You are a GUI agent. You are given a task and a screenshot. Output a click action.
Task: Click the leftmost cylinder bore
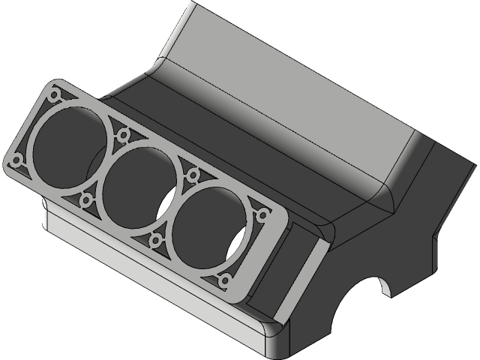67,146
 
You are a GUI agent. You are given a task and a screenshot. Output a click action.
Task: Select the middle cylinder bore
139,184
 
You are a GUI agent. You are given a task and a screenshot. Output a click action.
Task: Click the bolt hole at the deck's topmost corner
55,95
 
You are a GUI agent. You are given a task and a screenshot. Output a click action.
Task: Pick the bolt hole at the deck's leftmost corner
14,160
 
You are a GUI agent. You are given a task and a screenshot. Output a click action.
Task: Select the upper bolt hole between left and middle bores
123,135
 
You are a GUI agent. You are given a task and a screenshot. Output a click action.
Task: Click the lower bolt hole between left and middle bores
85,200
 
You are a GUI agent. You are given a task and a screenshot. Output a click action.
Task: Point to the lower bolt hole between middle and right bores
156,239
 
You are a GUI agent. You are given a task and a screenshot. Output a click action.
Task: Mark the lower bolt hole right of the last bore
225,281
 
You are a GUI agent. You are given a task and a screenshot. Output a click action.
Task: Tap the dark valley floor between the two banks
225,142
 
